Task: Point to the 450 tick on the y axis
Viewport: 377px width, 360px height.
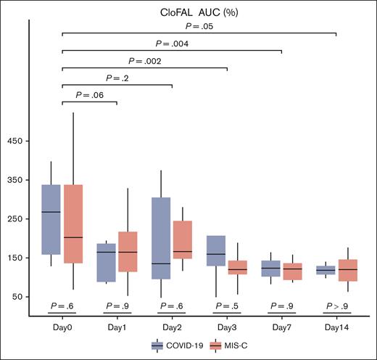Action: [15, 141]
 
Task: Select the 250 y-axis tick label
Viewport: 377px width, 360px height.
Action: [15, 218]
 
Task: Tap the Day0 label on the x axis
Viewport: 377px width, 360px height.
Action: [62, 327]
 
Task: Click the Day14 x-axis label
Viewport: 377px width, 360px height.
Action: [336, 327]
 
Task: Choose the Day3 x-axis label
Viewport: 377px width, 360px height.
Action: [227, 327]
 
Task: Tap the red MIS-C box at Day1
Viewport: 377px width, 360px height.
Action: [128, 251]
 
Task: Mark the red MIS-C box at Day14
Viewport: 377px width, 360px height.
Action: [348, 270]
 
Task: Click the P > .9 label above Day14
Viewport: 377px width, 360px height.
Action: [337, 306]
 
